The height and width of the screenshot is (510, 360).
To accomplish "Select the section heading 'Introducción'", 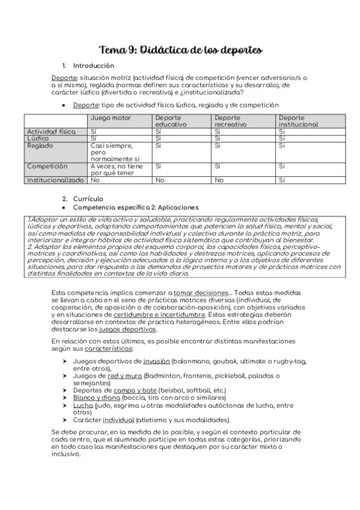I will point(93,66).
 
